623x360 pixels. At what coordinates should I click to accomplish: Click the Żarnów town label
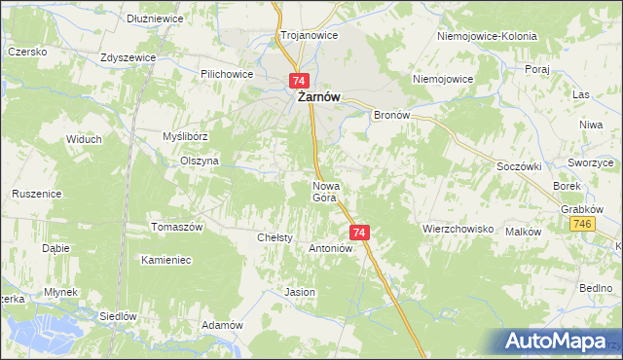pyautogui.click(x=318, y=97)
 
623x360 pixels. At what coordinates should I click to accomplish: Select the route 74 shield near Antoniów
pyautogui.click(x=359, y=233)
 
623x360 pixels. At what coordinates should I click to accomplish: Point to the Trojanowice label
pyautogui.click(x=309, y=35)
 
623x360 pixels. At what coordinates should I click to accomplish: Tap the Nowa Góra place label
pyautogui.click(x=325, y=191)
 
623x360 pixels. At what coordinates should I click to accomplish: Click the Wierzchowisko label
pyautogui.click(x=458, y=230)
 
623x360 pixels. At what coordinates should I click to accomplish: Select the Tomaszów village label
pyautogui.click(x=176, y=227)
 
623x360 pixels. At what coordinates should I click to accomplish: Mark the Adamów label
pyautogui.click(x=221, y=325)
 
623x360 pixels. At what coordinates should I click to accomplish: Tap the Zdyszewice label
pyautogui.click(x=128, y=57)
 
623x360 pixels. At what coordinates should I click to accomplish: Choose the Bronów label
pyautogui.click(x=395, y=115)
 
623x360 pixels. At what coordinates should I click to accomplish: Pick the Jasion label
pyautogui.click(x=299, y=292)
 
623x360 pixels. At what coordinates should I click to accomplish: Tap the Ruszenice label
pyautogui.click(x=36, y=194)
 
